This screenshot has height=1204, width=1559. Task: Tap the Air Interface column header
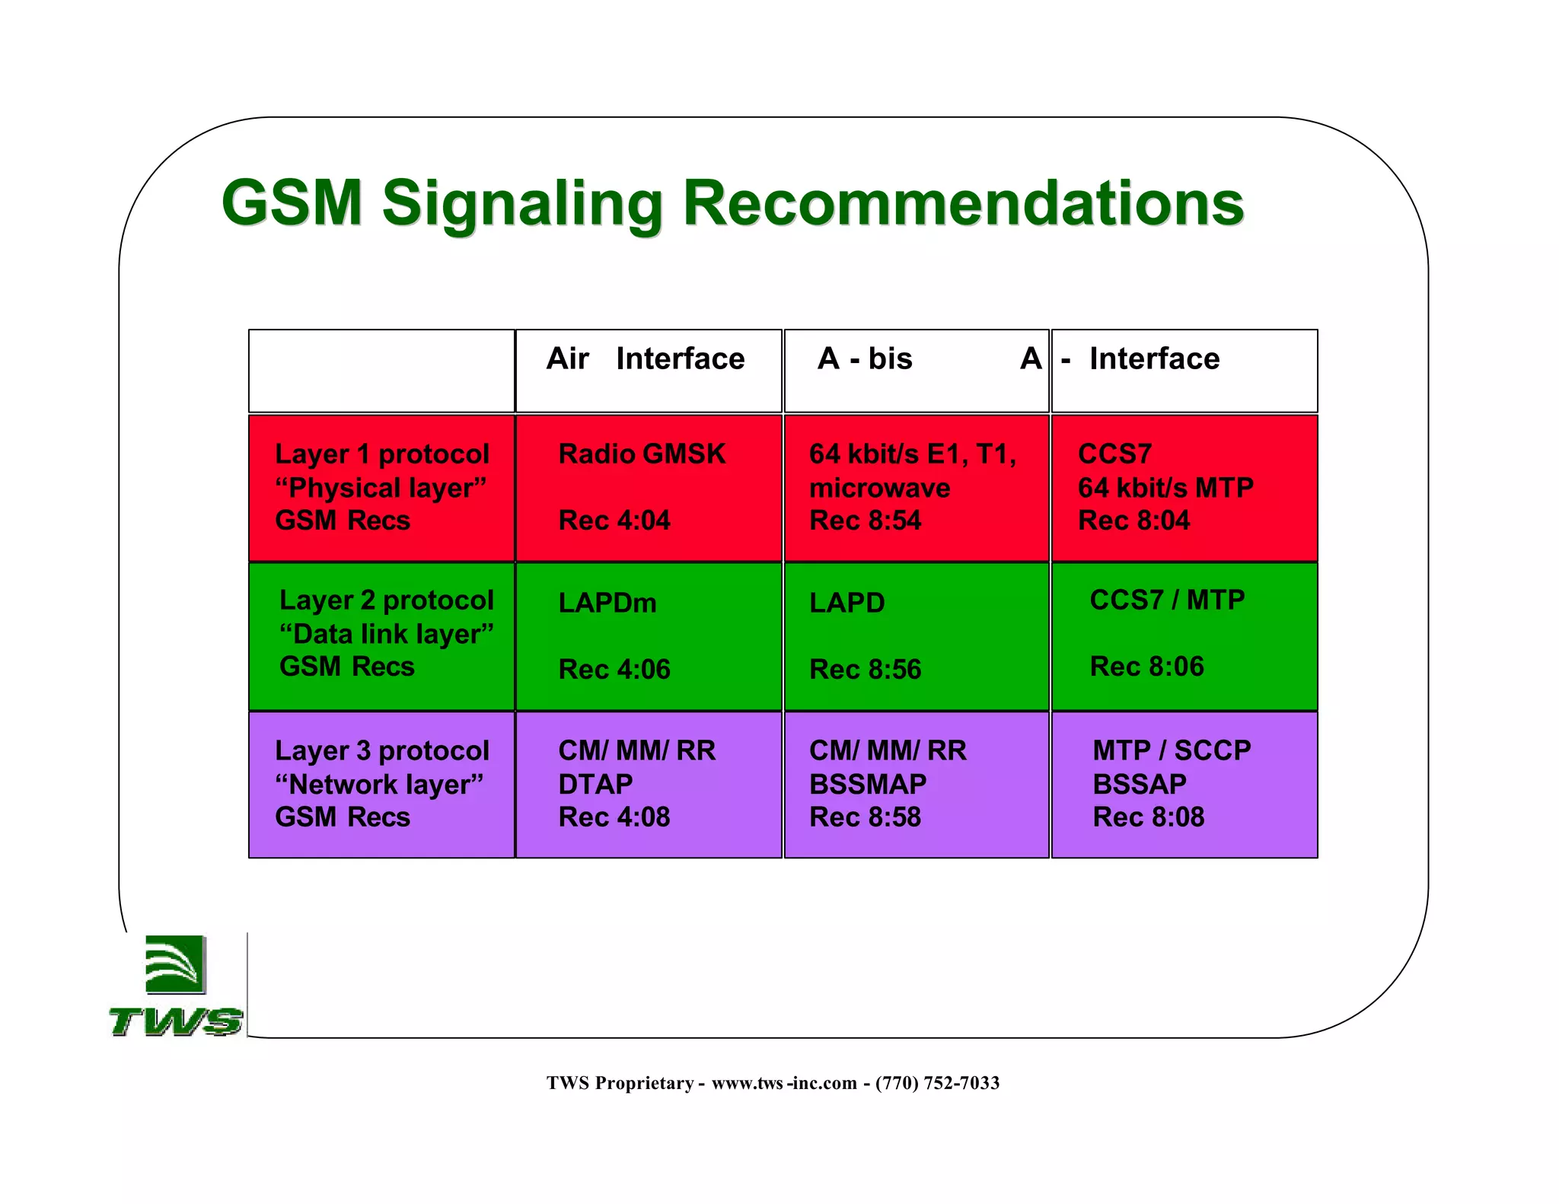tap(646, 358)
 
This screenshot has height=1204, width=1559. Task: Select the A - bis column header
tap(865, 358)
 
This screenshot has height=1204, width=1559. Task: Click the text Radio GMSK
tap(642, 454)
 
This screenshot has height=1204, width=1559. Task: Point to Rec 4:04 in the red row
tap(614, 521)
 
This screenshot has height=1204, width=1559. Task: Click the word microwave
tap(879, 488)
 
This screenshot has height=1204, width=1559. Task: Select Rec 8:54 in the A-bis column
tap(865, 521)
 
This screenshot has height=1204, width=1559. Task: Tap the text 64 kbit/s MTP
tap(1165, 488)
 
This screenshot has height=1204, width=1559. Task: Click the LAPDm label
tap(607, 604)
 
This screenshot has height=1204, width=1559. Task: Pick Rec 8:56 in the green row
tap(865, 670)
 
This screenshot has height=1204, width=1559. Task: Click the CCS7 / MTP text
tap(1167, 600)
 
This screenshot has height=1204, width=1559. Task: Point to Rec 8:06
tap(1146, 667)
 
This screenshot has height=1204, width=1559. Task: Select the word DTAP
tap(595, 785)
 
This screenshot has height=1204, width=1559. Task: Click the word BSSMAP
tap(868, 785)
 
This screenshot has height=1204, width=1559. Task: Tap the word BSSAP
tap(1140, 785)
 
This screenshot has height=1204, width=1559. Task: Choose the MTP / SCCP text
tap(1172, 751)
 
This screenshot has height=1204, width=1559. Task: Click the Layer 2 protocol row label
tap(386, 600)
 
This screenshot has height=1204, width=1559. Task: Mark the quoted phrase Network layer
tap(379, 785)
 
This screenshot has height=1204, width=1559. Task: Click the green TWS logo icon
tap(175, 965)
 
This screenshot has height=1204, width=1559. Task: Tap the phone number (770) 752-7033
tap(937, 1083)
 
